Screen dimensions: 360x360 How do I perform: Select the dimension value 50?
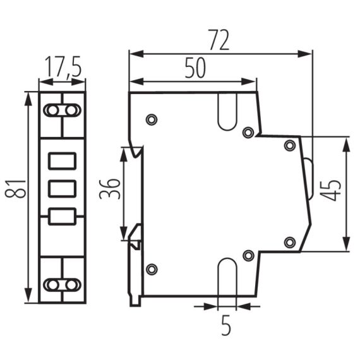pyautogui.click(x=195, y=68)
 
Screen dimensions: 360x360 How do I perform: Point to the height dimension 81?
pyautogui.click(x=20, y=188)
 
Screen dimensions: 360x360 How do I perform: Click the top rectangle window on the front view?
pyautogui.click(x=63, y=162)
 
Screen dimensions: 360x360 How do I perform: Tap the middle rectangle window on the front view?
pyautogui.click(x=63, y=188)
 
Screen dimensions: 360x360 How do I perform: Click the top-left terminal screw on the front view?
pyautogui.click(x=52, y=111)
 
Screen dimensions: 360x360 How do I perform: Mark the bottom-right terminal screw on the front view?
pyautogui.click(x=73, y=285)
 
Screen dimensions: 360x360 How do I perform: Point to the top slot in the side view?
pyautogui.click(x=226, y=110)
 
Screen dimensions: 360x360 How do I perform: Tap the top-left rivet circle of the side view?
pyautogui.click(x=151, y=119)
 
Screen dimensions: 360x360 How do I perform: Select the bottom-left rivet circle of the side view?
pyautogui.click(x=151, y=270)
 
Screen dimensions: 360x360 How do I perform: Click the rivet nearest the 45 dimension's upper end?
pyautogui.click(x=290, y=146)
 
